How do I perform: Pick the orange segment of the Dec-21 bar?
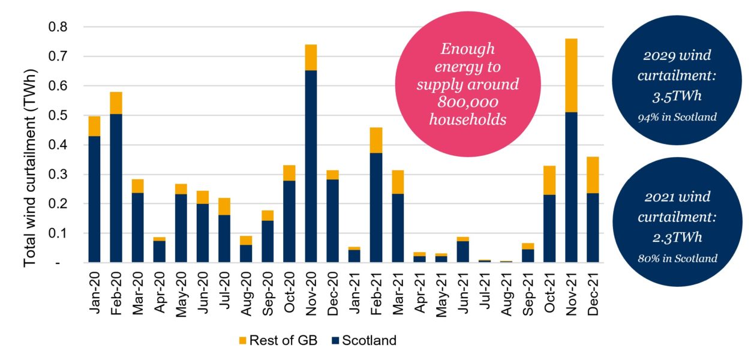tap(593, 175)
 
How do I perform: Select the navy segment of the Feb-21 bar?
tap(376, 208)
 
